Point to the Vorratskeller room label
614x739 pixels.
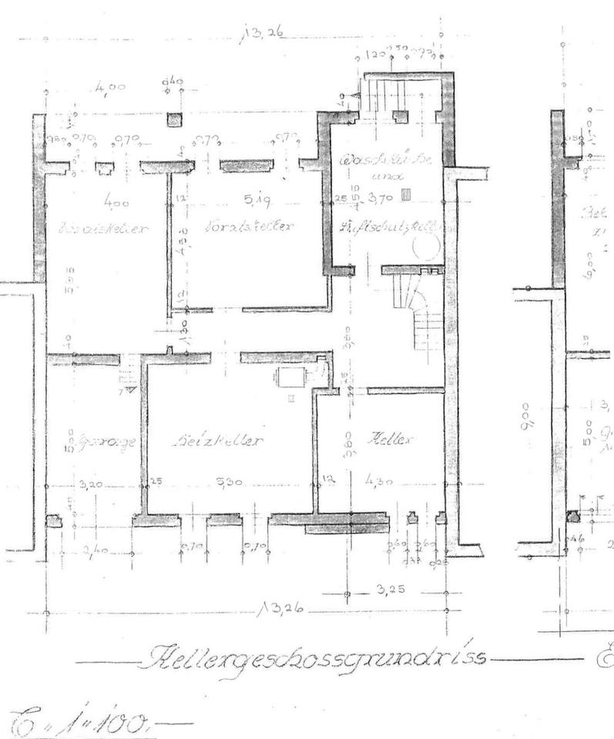(x=251, y=227)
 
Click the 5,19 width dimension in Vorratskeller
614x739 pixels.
(x=255, y=202)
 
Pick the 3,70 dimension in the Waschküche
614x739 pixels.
(x=381, y=197)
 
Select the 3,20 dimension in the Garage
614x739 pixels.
(x=91, y=485)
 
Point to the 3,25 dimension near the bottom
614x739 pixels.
(x=384, y=590)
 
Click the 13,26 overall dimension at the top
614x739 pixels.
(x=263, y=33)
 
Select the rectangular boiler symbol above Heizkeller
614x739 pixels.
(x=292, y=376)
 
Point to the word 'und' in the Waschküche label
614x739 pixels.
(x=383, y=176)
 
